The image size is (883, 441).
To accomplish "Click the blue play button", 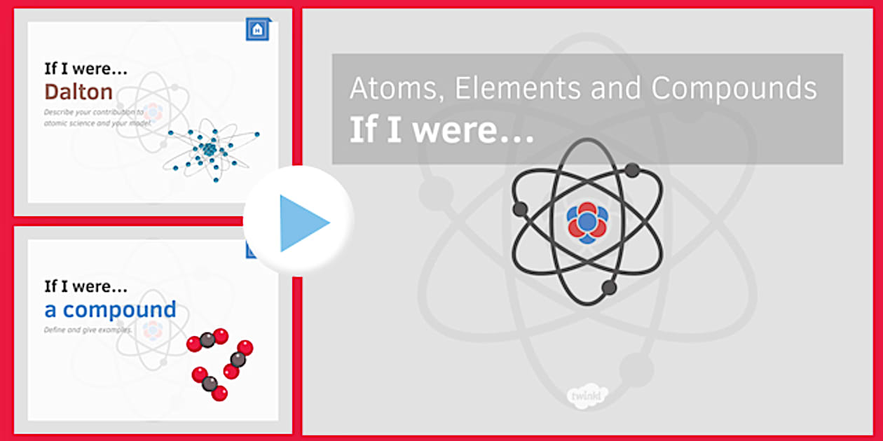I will (300, 223).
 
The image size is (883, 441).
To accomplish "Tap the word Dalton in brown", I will (78, 92).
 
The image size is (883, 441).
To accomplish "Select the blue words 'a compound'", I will (110, 309).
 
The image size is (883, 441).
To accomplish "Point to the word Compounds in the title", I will (734, 89).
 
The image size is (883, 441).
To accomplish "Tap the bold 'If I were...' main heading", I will (441, 129).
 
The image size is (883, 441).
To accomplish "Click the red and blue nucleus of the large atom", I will (587, 223).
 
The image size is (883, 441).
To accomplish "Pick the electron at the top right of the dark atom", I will (632, 170).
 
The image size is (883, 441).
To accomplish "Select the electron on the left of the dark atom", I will (520, 209).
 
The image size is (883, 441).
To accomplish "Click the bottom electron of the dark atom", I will (609, 287).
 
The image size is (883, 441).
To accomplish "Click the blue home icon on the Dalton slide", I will (258, 29).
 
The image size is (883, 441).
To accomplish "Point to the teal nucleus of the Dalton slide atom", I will (209, 150).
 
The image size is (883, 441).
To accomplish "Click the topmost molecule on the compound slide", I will (207, 340).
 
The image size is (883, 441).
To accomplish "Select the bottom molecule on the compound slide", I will (210, 384).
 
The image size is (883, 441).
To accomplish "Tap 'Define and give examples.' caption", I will (88, 329).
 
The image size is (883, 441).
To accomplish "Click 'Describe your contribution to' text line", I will (93, 112).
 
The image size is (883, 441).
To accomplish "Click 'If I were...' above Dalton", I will (85, 69).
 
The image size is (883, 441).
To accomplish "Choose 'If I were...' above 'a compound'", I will (85, 286).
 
